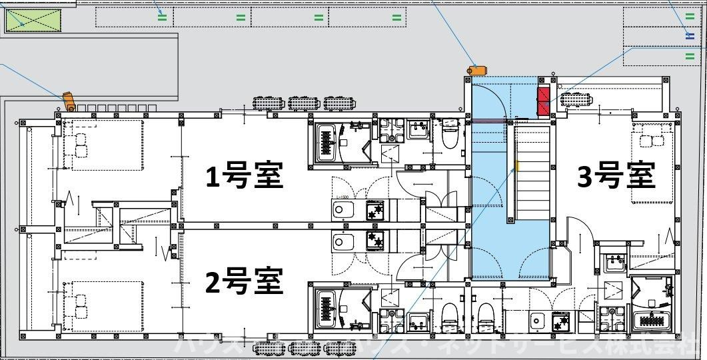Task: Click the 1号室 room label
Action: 244,177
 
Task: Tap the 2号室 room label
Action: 244,281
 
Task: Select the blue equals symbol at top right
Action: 690,35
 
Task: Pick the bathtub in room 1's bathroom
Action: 327,141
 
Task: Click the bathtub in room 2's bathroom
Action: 327,309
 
